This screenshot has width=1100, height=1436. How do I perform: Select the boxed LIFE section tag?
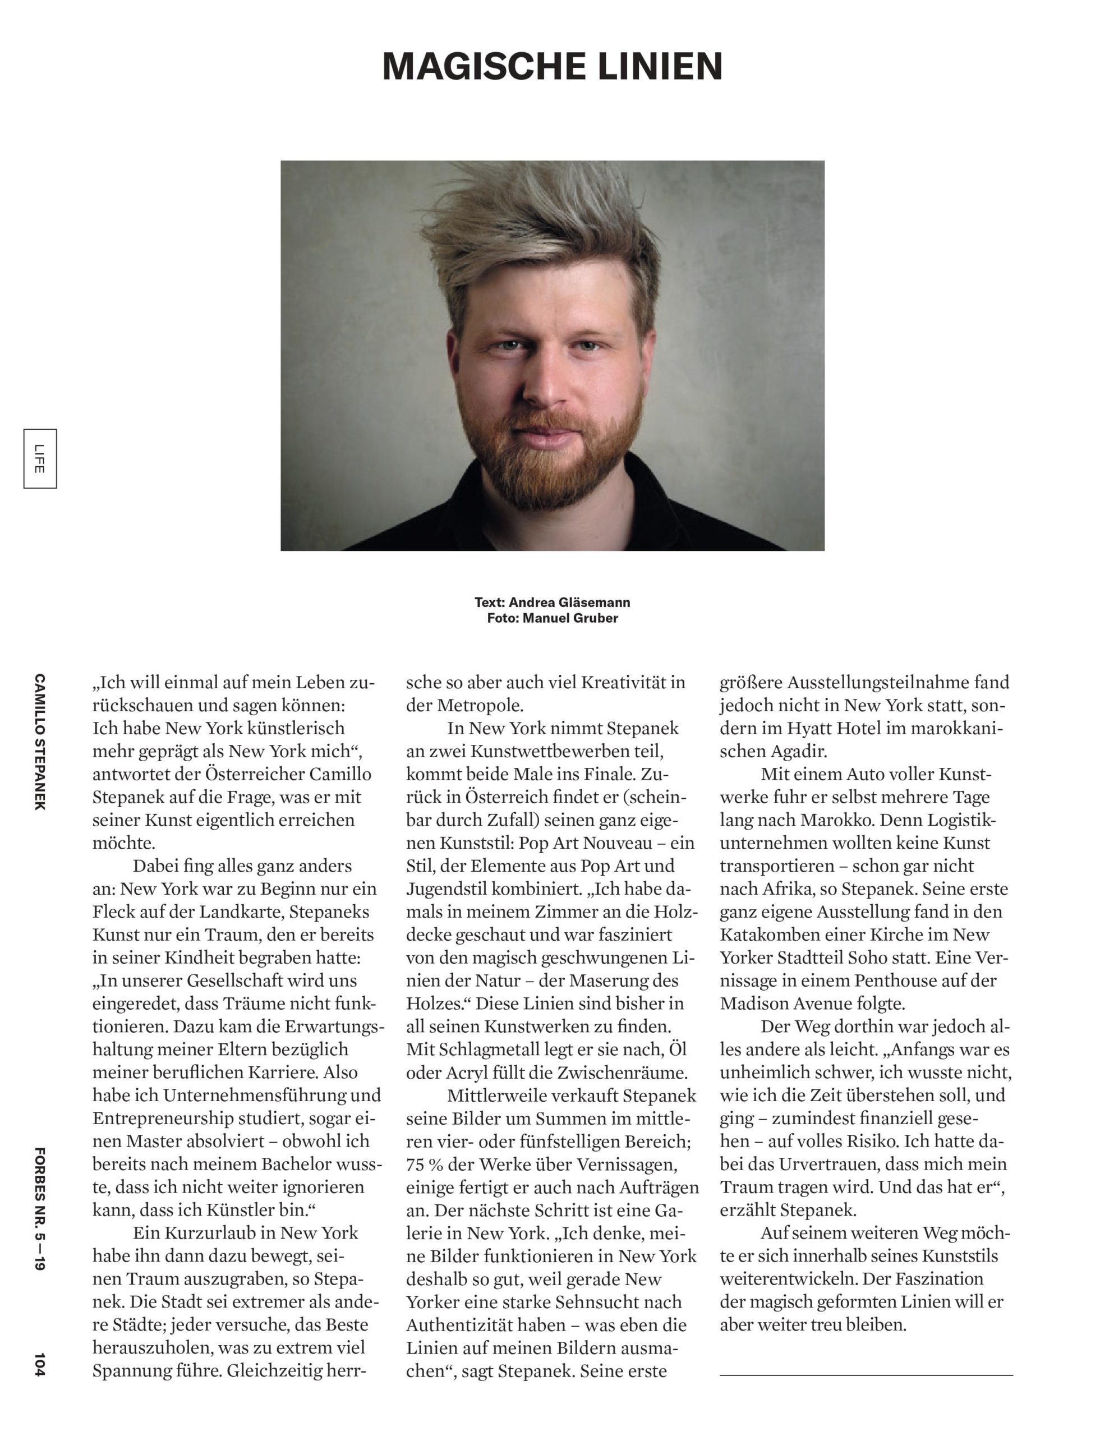pyautogui.click(x=40, y=458)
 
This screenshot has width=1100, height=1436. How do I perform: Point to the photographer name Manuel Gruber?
pyautogui.click(x=570, y=618)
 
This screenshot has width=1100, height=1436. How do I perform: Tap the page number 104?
pyautogui.click(x=40, y=1365)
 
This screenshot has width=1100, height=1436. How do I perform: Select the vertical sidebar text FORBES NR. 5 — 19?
pyautogui.click(x=40, y=1209)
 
